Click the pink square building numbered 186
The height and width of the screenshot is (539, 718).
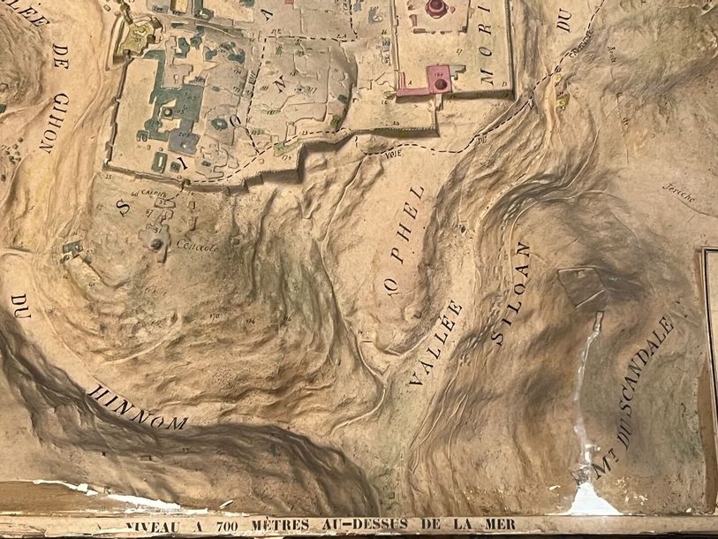click(439, 80)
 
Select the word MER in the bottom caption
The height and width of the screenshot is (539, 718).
click(494, 523)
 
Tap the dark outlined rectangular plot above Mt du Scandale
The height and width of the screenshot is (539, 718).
click(583, 285)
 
